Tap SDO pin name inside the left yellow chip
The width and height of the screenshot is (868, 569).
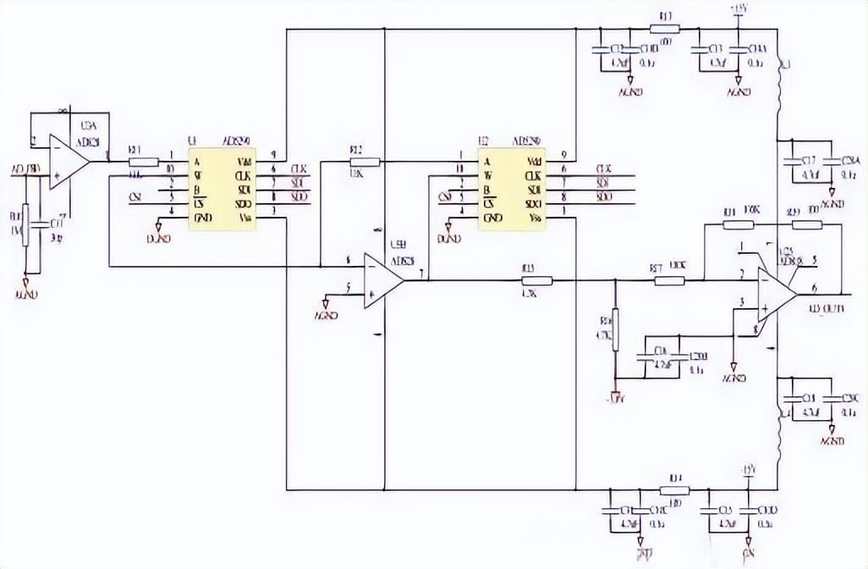(x=245, y=204)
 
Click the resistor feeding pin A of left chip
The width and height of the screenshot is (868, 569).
(x=144, y=161)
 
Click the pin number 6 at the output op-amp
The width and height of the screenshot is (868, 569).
(x=814, y=287)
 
